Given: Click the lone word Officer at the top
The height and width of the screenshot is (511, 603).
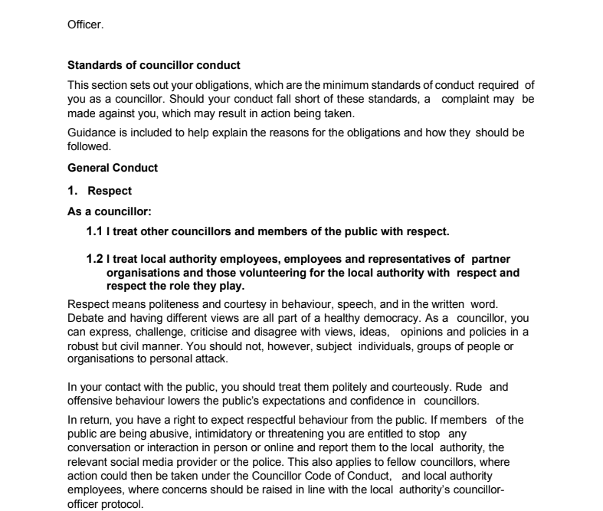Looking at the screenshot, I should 85,24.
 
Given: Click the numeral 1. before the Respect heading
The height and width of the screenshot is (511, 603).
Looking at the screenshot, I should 74,191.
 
